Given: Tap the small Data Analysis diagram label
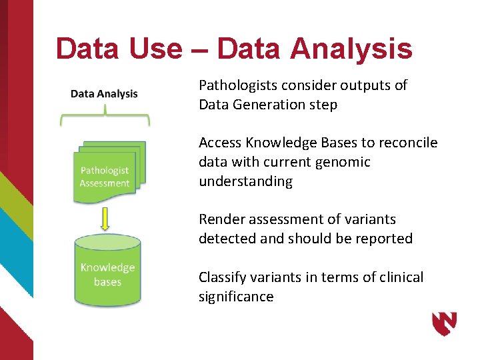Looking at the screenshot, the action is [104, 93].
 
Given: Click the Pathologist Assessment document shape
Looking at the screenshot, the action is [105, 175].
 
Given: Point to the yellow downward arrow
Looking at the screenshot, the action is [105, 217].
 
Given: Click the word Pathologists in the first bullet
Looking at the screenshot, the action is [236, 85].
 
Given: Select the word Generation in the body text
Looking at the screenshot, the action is [267, 105].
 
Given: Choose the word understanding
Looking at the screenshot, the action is [245, 181].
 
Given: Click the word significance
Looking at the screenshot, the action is [236, 297].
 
